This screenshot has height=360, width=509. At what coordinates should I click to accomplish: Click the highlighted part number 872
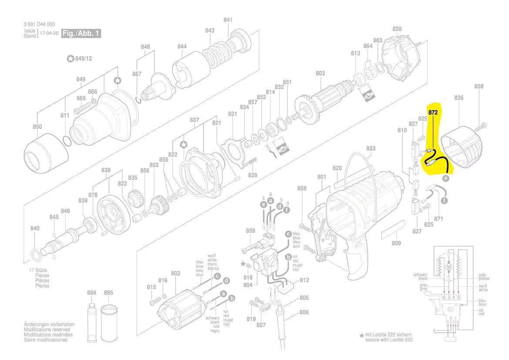(x=433, y=112)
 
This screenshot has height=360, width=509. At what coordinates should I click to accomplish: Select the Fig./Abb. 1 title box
(x=81, y=34)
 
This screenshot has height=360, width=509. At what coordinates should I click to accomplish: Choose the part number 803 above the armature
(x=320, y=74)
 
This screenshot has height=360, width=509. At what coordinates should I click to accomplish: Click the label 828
(x=397, y=29)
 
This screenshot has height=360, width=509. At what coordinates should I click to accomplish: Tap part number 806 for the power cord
(x=304, y=312)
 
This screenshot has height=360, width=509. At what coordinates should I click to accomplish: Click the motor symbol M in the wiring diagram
(x=448, y=265)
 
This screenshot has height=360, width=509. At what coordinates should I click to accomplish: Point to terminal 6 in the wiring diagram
(x=444, y=298)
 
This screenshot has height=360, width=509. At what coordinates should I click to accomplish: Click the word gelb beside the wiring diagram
(x=482, y=275)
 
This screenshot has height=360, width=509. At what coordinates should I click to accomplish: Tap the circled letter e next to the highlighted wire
(x=445, y=178)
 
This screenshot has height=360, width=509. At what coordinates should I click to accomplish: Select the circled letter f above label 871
(x=444, y=201)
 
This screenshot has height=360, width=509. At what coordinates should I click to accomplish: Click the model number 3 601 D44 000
(x=39, y=24)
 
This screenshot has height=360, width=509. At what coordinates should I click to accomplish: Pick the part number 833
(x=371, y=149)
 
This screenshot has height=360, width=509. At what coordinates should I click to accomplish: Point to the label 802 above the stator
(x=175, y=273)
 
